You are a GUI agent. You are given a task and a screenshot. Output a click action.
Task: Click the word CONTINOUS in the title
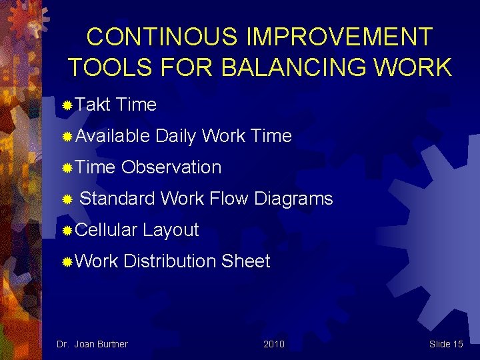161,37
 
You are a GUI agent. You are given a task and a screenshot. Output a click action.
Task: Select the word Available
113,136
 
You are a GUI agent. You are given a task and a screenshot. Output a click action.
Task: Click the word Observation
171,167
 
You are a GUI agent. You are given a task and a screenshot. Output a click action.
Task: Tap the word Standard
117,199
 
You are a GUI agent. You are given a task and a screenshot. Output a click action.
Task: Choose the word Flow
229,199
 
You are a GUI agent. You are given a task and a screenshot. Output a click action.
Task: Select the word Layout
171,230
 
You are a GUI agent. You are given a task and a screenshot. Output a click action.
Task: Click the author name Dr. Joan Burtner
92,344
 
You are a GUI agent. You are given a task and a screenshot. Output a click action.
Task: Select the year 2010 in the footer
273,344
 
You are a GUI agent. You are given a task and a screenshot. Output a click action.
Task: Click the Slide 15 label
446,344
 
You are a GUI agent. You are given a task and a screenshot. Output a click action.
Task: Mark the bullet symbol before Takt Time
67,105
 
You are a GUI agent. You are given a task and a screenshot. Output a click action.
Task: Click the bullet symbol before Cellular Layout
67,231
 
